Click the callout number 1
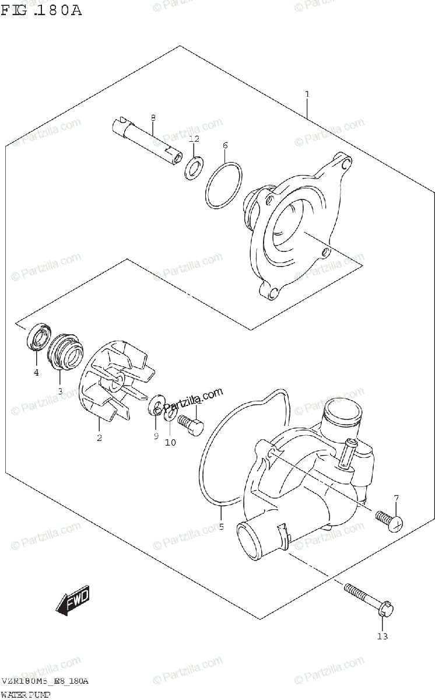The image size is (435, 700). [x=307, y=94]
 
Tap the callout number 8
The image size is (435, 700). [x=153, y=118]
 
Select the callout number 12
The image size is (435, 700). [x=194, y=139]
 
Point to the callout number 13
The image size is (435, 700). [x=382, y=636]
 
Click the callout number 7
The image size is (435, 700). [x=396, y=498]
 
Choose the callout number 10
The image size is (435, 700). [x=170, y=443]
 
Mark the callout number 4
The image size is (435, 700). [x=36, y=373]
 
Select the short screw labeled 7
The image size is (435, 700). [x=388, y=519]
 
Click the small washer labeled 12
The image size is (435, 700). [x=194, y=167]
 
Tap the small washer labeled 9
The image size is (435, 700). [x=156, y=407]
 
